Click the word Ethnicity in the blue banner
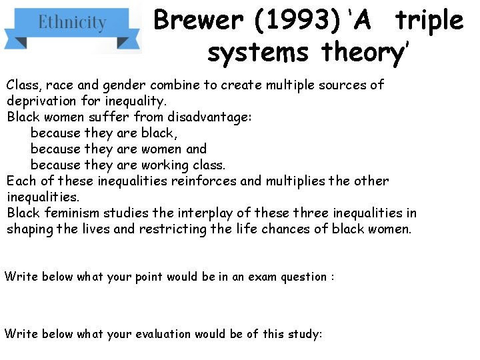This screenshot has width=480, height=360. (72, 23)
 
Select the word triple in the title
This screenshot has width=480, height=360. (429, 21)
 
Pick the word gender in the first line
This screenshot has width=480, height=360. (127, 85)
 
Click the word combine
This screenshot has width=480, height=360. (175, 85)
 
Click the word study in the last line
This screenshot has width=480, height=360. (303, 334)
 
